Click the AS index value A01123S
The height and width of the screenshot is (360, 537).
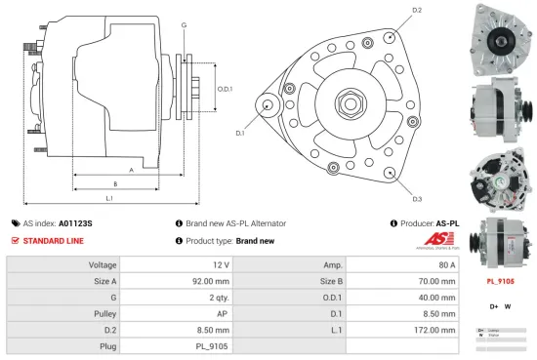(x=76, y=222)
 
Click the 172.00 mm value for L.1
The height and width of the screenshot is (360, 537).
(x=435, y=329)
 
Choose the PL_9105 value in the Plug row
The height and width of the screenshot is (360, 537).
(x=212, y=345)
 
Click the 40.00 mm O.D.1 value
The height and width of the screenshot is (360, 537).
(x=436, y=297)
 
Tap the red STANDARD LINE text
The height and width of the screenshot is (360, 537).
(x=54, y=240)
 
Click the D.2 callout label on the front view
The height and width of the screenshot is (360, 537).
(x=417, y=10)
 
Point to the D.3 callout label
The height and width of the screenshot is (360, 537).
(x=416, y=198)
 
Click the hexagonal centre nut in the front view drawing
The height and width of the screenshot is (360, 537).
(x=349, y=102)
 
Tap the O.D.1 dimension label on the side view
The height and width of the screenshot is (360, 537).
(x=224, y=89)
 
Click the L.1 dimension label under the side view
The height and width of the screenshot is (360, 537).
(x=109, y=198)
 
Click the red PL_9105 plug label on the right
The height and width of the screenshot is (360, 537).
(x=501, y=281)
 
